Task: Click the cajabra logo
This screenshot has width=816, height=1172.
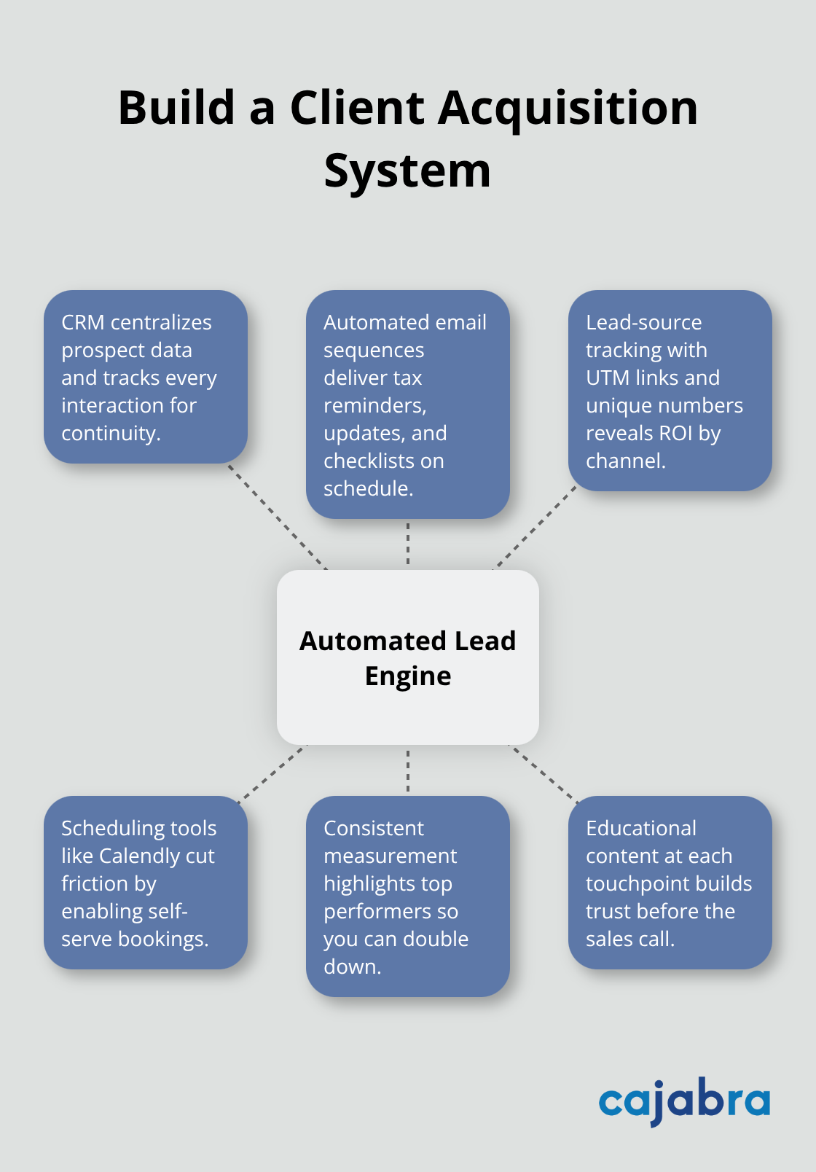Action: [684, 1101]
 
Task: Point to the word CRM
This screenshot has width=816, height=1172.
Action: [82, 322]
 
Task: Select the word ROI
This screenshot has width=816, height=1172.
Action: [675, 433]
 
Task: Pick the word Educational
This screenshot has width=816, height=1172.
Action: [641, 828]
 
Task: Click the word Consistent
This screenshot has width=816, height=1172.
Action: [373, 828]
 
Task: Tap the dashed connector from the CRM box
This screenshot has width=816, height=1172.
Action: [277, 516]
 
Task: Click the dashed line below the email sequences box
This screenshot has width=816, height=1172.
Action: [408, 544]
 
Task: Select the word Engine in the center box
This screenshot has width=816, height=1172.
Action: [408, 676]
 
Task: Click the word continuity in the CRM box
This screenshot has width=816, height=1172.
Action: [109, 433]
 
